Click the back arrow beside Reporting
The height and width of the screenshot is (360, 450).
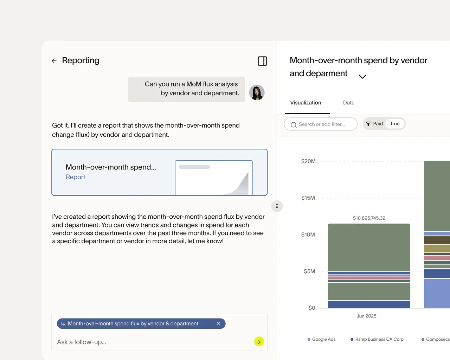54,61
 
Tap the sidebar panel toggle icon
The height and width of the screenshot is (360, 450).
262,61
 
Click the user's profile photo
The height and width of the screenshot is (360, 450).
257,92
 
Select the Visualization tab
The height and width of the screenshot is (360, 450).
305,103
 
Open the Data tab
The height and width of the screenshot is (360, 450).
349,103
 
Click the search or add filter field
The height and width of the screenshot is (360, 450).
321,124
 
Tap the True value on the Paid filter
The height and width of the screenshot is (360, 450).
394,124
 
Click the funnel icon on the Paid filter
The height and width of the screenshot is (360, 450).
368,124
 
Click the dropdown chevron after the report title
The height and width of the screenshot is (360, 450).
362,76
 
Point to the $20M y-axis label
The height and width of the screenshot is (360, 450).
308,161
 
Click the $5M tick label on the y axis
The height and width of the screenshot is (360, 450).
309,271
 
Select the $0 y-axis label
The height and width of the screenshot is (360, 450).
311,308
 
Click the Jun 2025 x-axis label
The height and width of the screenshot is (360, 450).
366,316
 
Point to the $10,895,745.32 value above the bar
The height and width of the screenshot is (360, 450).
369,218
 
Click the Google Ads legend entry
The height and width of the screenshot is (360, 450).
321,339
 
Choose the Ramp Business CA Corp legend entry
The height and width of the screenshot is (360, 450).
377,339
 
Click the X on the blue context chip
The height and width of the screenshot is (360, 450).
219,323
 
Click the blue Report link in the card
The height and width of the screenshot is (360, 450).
76,177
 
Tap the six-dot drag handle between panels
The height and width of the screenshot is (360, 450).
277,206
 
